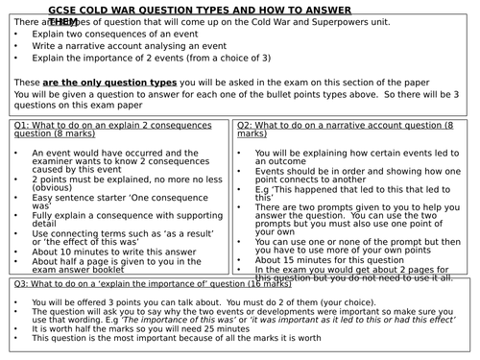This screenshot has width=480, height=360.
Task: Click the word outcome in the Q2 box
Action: [x=279, y=158]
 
